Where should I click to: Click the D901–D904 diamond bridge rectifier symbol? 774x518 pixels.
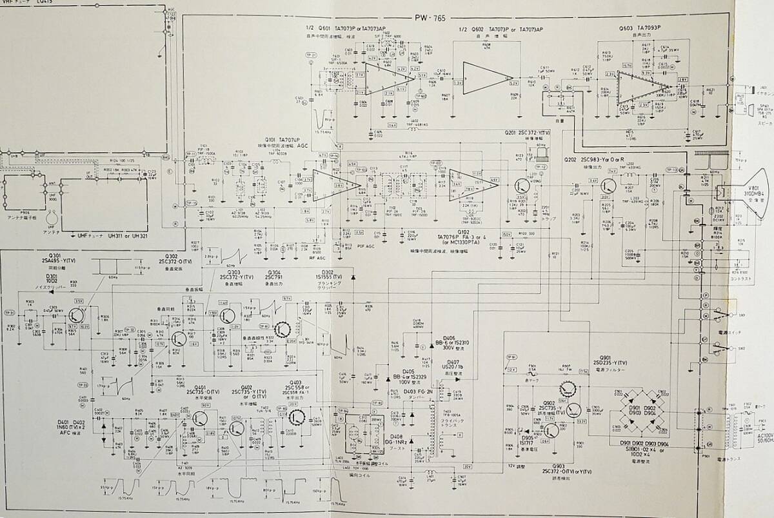[x=642, y=410]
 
